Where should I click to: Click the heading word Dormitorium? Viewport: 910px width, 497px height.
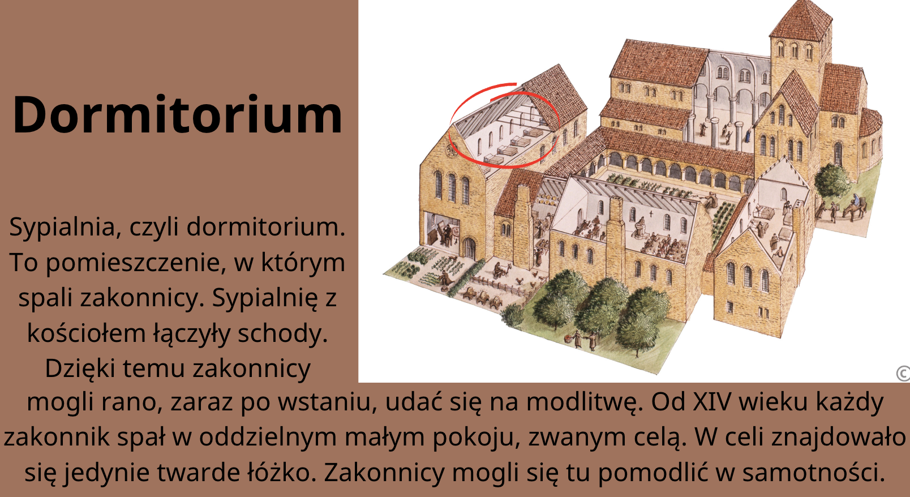[x=178, y=115]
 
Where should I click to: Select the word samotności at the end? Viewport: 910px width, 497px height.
[x=813, y=473]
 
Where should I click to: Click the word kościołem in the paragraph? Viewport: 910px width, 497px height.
[x=87, y=333]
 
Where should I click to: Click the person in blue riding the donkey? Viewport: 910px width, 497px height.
[x=855, y=200]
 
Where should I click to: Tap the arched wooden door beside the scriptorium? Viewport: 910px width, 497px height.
[x=469, y=249]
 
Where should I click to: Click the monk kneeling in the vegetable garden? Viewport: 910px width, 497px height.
[x=445, y=279]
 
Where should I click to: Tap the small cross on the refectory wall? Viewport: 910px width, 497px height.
[x=651, y=213]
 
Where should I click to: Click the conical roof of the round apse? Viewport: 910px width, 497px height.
[x=870, y=122]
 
